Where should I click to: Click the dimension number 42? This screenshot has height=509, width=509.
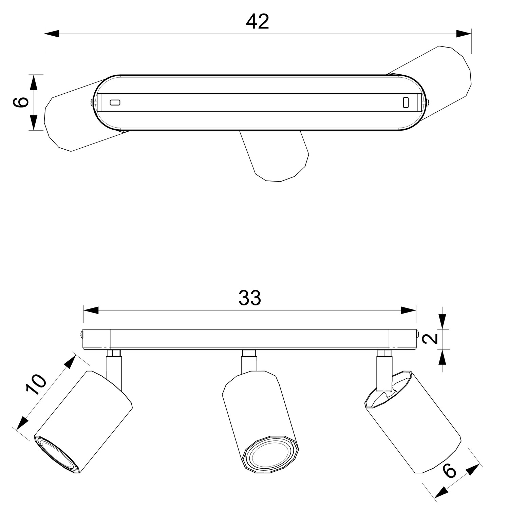click(258, 22)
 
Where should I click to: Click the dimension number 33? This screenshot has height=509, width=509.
click(250, 298)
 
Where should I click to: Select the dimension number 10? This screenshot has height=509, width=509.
click(36, 384)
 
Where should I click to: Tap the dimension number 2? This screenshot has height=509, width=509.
click(431, 339)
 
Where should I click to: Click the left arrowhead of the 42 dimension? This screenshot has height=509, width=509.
click(52, 34)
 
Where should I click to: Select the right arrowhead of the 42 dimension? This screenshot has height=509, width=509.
click(464, 34)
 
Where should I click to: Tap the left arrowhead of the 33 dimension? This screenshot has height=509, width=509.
click(91, 310)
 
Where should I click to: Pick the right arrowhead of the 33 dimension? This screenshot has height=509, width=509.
click(409, 310)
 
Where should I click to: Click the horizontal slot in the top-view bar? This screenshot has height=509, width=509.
click(115, 102)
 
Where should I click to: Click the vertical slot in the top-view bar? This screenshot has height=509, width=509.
click(406, 102)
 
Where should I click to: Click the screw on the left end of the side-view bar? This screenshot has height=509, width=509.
click(82, 334)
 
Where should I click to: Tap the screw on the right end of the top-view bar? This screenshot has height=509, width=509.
click(427, 102)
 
